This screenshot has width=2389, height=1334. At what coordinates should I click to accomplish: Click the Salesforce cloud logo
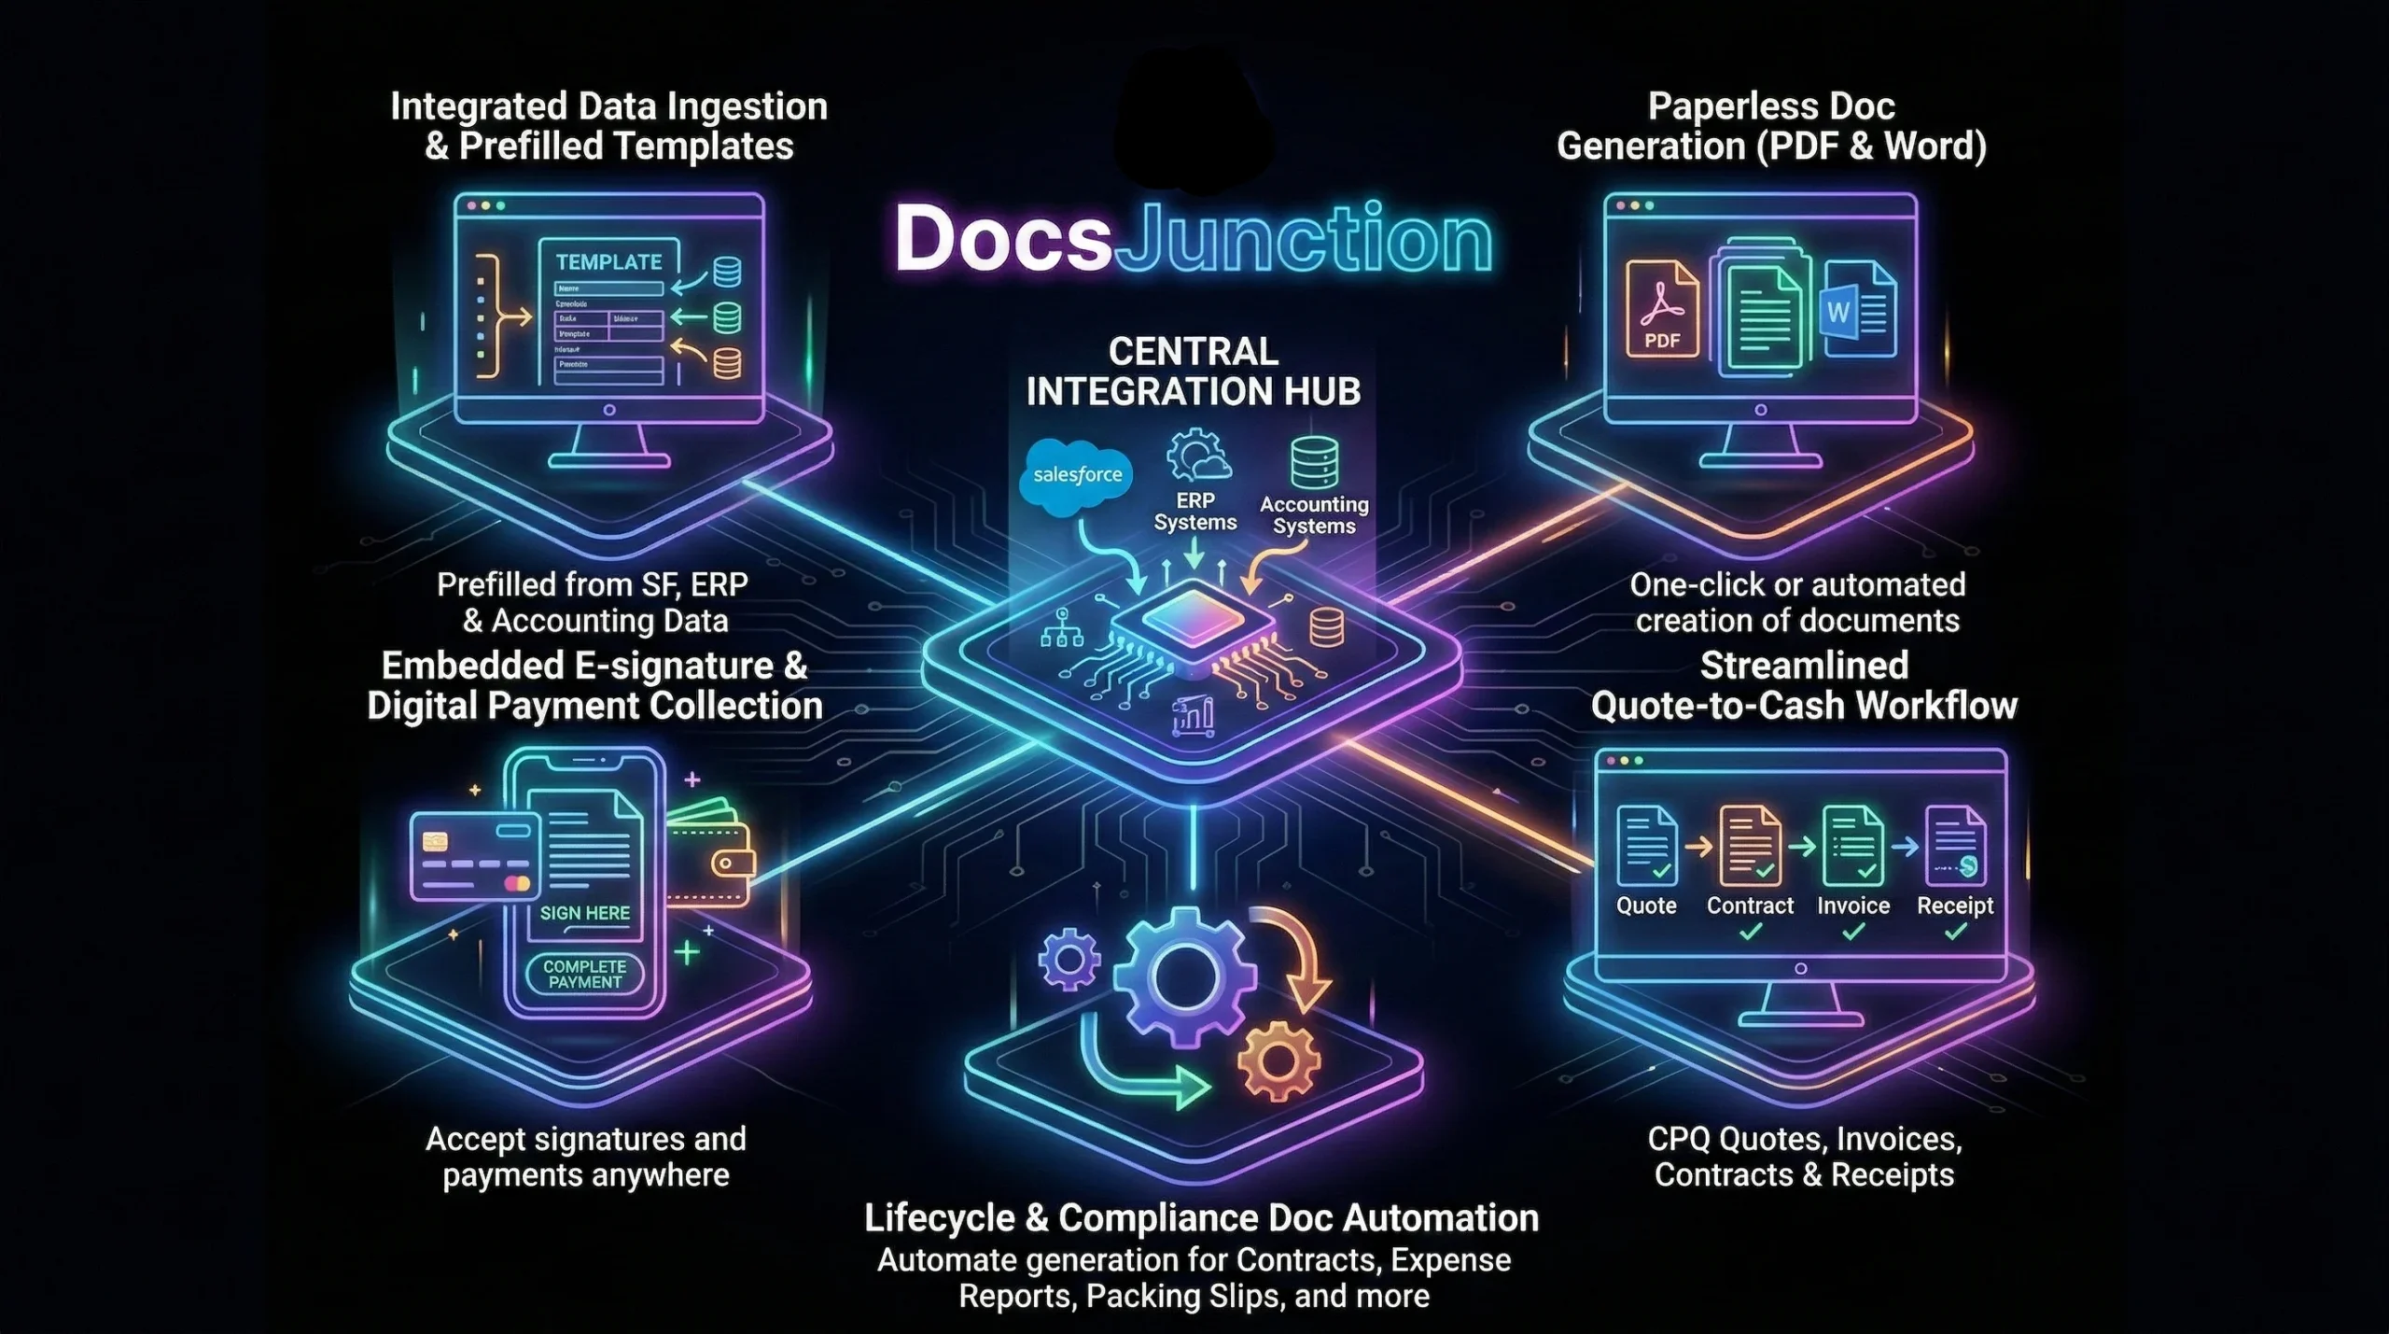1077,477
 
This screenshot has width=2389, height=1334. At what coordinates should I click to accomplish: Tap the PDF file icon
1662,308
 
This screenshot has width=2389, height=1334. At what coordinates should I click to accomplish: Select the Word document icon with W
1857,309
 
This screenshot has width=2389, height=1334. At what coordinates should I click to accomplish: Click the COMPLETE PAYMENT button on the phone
585,974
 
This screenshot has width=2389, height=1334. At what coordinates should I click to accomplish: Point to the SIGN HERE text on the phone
585,913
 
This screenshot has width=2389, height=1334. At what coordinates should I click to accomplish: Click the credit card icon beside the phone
475,856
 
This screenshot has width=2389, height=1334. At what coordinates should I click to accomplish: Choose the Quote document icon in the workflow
1647,846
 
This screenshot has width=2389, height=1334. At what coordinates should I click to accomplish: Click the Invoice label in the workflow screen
1853,906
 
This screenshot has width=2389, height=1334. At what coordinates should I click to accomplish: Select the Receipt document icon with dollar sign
1956,846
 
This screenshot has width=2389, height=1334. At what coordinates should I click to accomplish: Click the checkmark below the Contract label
1751,931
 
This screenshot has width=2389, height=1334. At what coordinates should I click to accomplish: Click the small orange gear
1278,1060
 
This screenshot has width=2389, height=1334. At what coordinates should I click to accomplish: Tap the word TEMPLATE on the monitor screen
608,262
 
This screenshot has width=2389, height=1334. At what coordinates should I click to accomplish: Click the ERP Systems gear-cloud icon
1197,456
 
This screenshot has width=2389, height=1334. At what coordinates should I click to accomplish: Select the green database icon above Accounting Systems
1314,463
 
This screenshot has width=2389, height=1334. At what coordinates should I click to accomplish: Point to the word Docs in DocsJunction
1003,239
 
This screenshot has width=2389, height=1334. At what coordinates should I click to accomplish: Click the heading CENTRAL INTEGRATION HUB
1194,372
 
